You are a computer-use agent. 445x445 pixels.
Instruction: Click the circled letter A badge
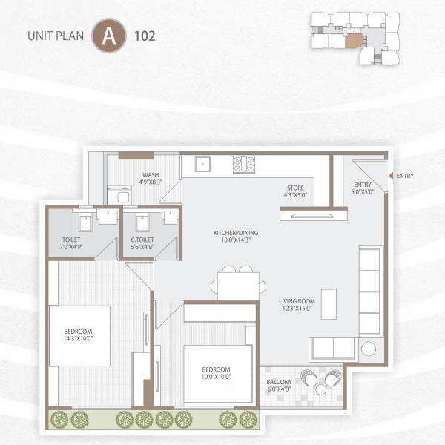click(x=108, y=36)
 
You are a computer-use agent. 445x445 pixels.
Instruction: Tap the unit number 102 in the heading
click(x=145, y=36)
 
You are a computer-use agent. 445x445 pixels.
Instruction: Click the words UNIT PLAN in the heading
click(x=55, y=36)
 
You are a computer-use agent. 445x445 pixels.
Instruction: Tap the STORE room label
click(x=296, y=188)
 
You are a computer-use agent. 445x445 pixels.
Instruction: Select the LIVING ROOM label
click(x=297, y=301)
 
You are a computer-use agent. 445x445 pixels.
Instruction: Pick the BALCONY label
click(x=280, y=383)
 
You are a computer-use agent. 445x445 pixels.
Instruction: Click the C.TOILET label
click(x=142, y=240)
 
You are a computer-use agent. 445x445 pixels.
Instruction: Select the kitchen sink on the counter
click(x=202, y=164)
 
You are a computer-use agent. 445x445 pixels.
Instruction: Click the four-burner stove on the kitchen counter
click(x=244, y=164)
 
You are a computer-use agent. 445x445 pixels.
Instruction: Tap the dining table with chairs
click(x=238, y=283)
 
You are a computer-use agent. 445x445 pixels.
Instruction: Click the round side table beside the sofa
click(x=369, y=349)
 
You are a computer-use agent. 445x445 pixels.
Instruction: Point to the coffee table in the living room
click(x=327, y=303)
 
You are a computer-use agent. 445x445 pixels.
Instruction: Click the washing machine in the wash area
click(x=119, y=194)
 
